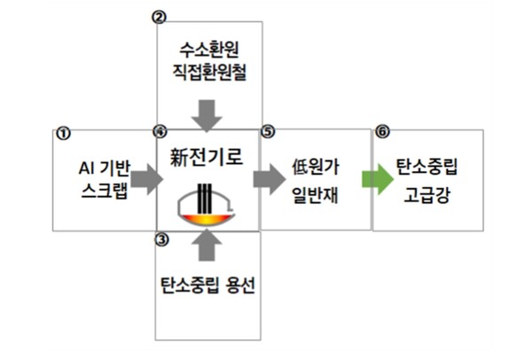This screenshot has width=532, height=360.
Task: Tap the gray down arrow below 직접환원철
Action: click(209, 113)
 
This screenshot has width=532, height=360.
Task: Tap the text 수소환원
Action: click(209, 50)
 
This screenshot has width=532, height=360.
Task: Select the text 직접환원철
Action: click(209, 73)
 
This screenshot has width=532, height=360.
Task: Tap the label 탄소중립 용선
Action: click(208, 286)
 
